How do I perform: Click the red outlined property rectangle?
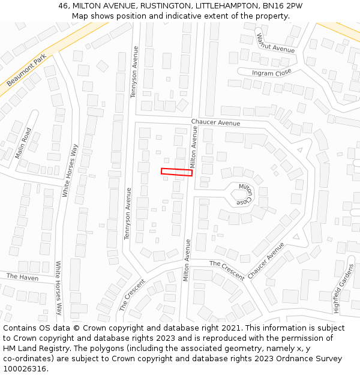click(x=176, y=172)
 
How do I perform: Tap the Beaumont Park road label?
click(x=26, y=70)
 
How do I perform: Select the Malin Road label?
click(x=23, y=143)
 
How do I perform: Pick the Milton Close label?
click(x=244, y=193)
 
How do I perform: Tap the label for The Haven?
click(x=22, y=277)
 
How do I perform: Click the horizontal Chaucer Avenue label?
click(x=215, y=123)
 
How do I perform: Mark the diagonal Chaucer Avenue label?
click(x=266, y=260)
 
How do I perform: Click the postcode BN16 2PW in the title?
click(x=282, y=6)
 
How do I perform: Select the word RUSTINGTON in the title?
click(x=165, y=6)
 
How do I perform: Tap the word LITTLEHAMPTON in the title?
click(x=228, y=6)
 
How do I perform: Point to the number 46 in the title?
click(x=64, y=6)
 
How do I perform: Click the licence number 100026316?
click(x=26, y=368)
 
